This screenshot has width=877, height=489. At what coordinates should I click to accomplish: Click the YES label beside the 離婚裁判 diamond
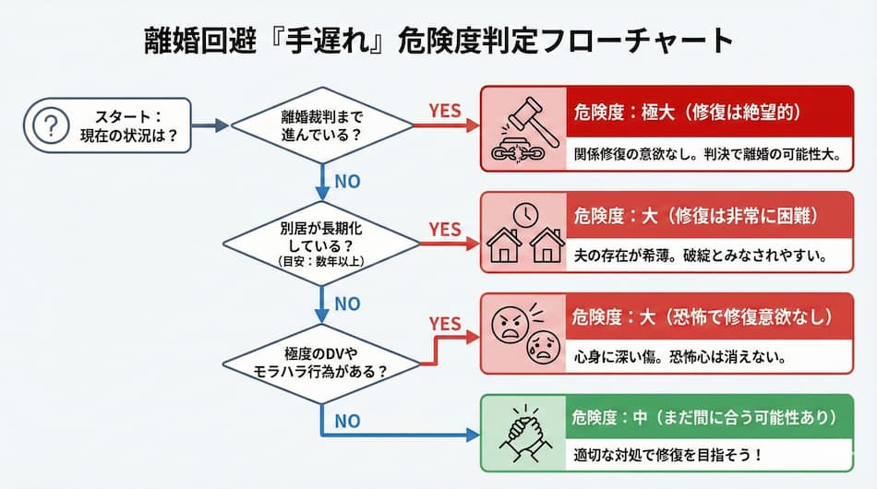tap(445, 111)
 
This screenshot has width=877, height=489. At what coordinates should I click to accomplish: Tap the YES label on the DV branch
tap(445, 323)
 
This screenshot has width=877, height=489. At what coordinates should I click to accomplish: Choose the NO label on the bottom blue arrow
tap(347, 421)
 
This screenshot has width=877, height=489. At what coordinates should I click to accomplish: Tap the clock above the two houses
tap(525, 215)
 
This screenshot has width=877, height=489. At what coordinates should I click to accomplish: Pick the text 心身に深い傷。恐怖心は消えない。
tap(679, 357)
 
